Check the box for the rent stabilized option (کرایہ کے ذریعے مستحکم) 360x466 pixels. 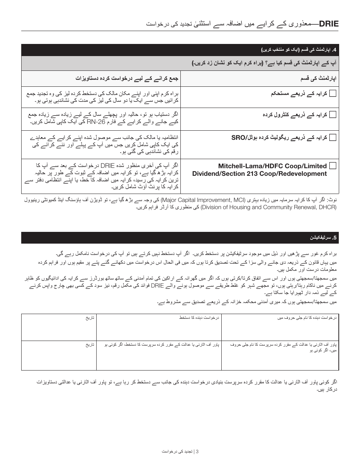[333, 94]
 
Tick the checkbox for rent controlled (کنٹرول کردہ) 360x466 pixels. [333, 115]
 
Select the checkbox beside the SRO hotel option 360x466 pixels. [333, 138]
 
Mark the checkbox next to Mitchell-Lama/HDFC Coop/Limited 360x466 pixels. [333, 166]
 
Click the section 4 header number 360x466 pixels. [334, 50]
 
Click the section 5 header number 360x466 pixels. [334, 238]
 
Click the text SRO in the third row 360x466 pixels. [239, 138]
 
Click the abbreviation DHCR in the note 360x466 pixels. [327, 207]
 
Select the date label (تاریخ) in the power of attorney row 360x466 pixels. [90, 345]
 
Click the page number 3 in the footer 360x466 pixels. [197, 452]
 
